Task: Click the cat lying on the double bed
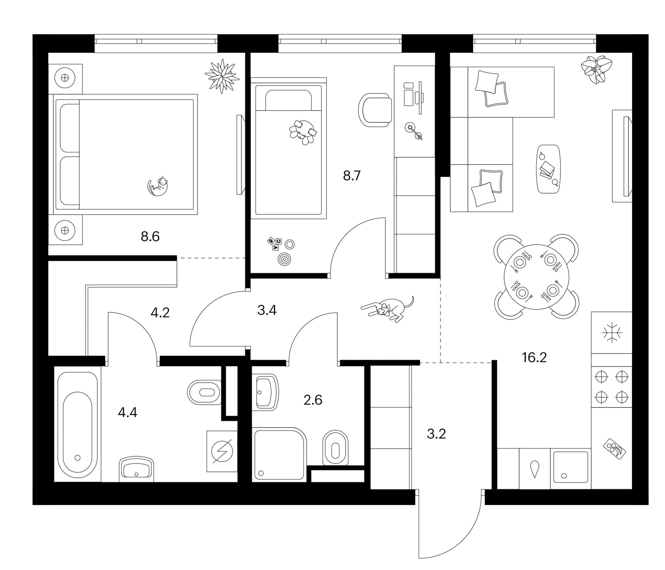(x=158, y=186)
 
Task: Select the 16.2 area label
(x=534, y=357)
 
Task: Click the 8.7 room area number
(x=352, y=176)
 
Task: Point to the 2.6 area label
(x=313, y=400)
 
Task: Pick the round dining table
(x=537, y=277)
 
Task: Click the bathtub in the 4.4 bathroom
(x=78, y=425)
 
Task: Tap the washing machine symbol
(x=222, y=451)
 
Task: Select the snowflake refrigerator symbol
(x=612, y=333)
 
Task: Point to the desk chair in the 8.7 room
(x=375, y=110)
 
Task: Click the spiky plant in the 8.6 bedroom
(x=222, y=76)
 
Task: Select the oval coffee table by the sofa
(x=548, y=169)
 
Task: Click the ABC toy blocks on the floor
(x=274, y=243)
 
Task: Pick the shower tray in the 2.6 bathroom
(x=279, y=454)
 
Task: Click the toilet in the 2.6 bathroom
(x=335, y=448)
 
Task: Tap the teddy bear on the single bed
(x=303, y=132)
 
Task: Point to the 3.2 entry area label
(x=436, y=434)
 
